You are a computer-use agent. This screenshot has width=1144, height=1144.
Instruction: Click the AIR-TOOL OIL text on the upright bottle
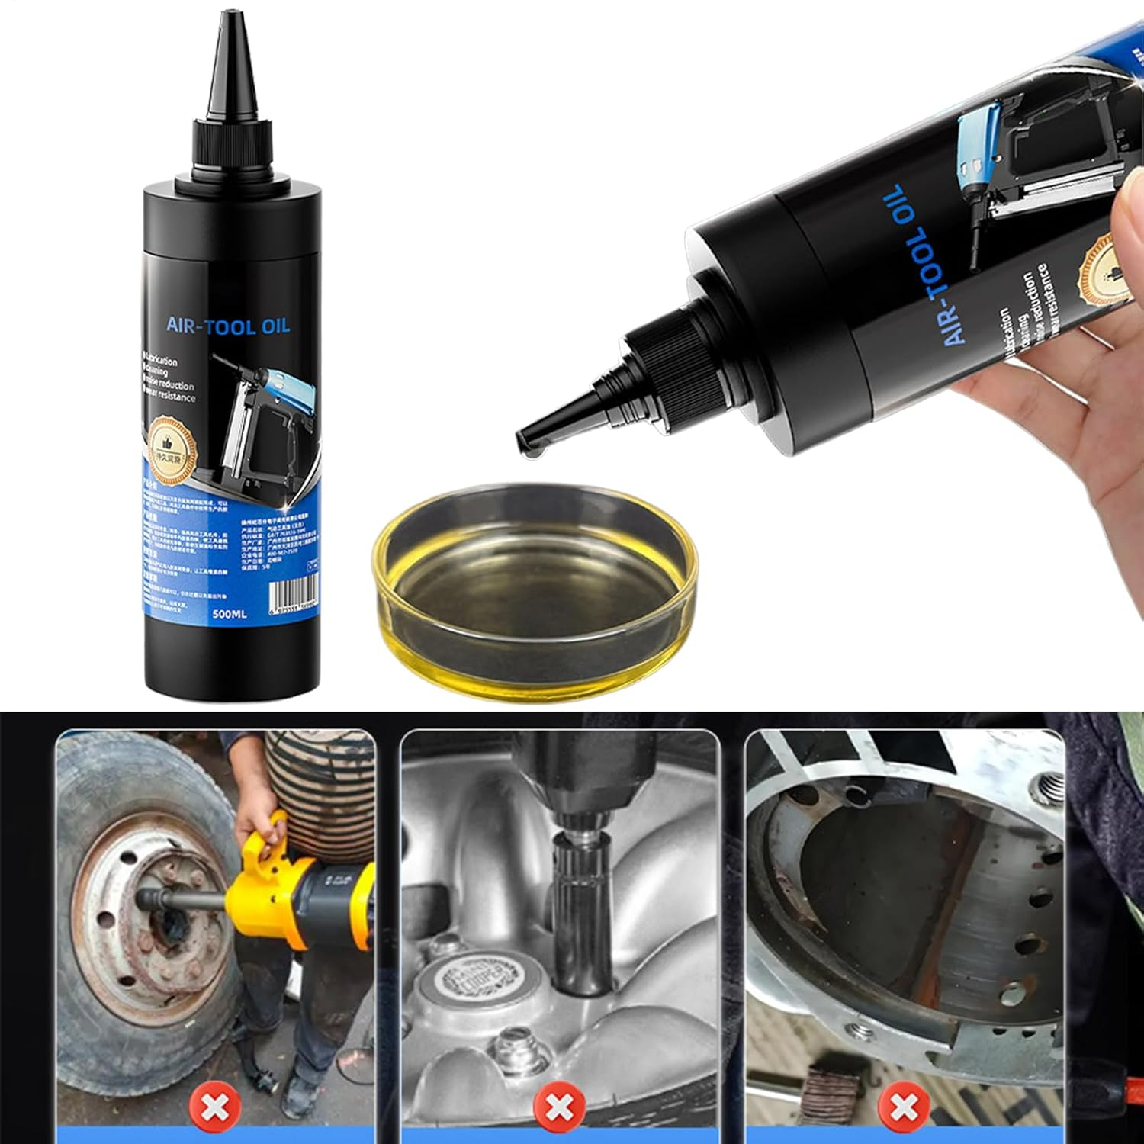click(x=228, y=326)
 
